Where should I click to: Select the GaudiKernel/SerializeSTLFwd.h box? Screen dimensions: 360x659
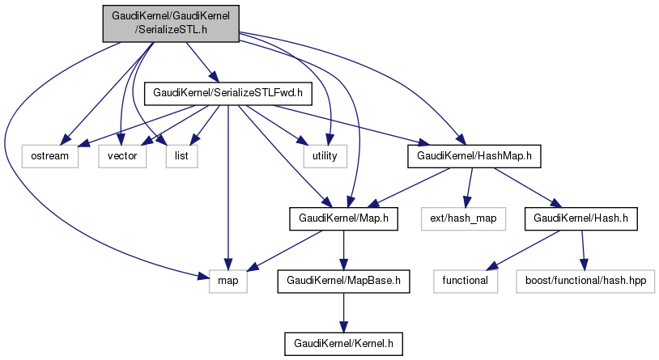227,93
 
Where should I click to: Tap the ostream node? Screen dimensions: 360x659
50,155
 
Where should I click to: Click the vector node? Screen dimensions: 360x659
122,155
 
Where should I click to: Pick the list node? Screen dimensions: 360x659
181,155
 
